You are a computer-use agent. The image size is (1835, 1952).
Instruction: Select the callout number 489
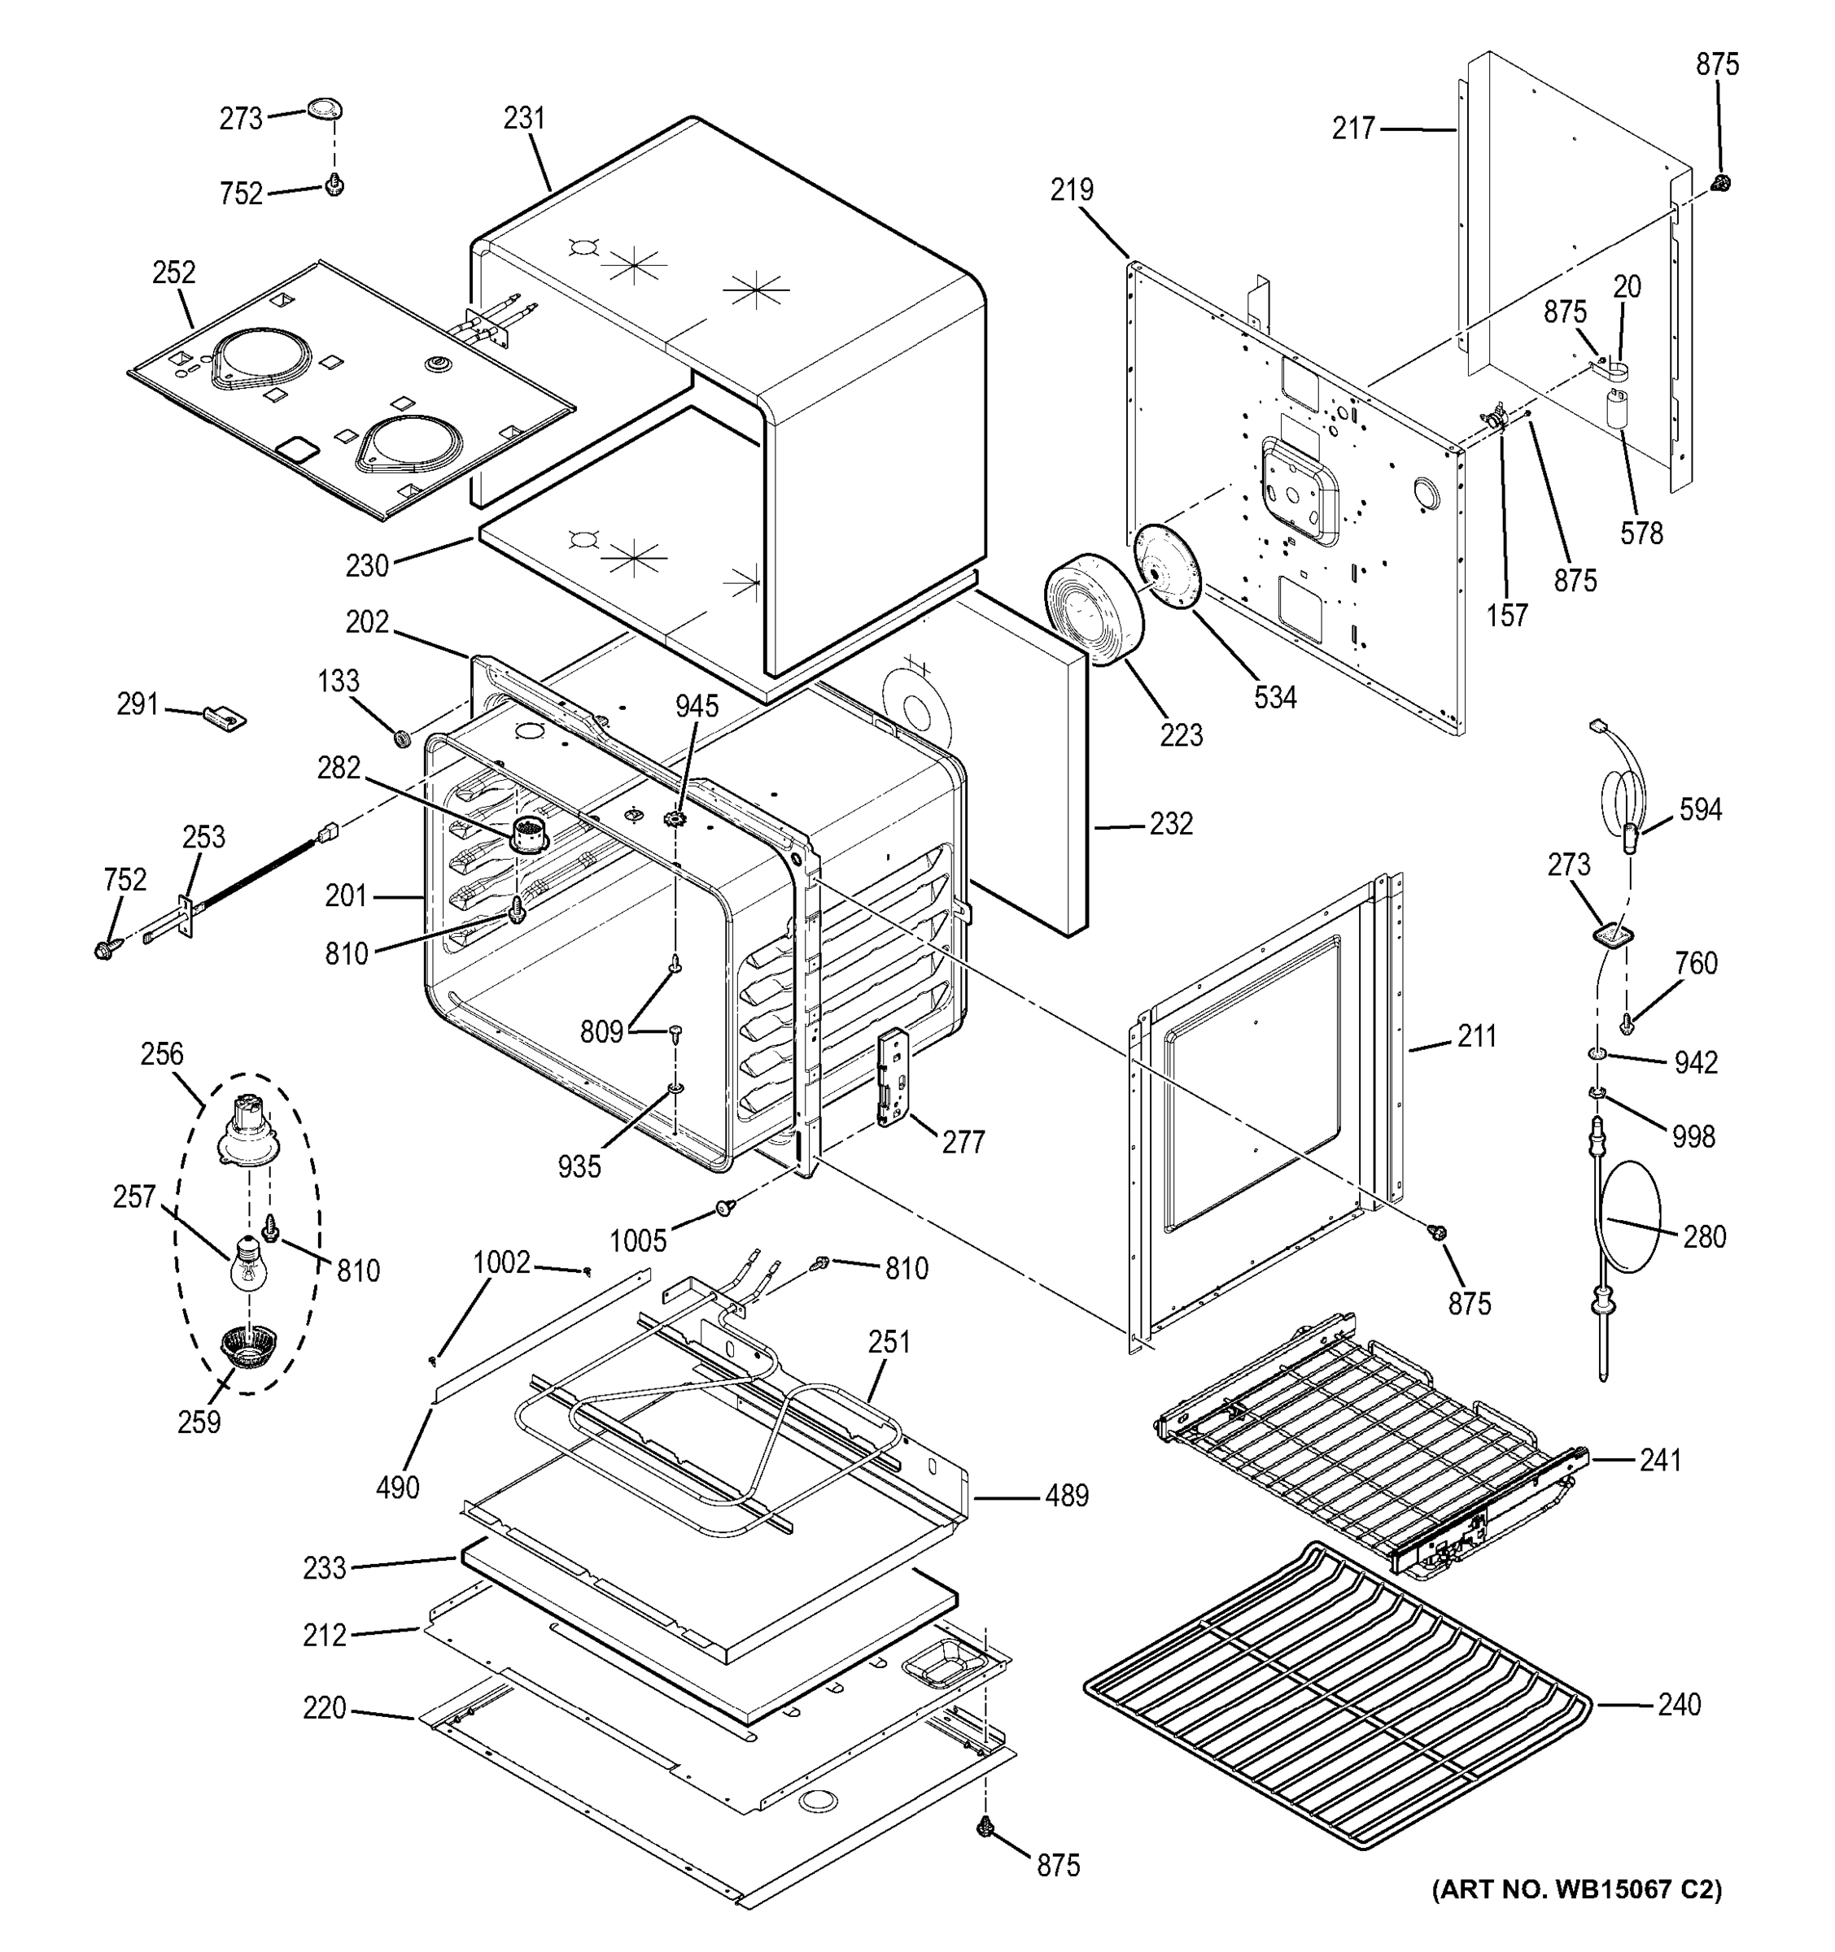(1066, 1496)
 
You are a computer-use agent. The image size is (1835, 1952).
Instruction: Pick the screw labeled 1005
(726, 1207)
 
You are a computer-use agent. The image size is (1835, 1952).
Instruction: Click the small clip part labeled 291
(224, 717)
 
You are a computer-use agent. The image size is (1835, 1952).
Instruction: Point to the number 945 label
(697, 706)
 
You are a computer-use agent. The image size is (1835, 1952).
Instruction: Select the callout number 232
(1171, 824)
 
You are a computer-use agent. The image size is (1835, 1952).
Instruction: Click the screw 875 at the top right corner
(1720, 183)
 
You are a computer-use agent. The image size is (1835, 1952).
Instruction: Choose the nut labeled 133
(402, 736)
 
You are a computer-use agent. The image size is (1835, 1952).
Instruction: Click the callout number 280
(1704, 1236)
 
